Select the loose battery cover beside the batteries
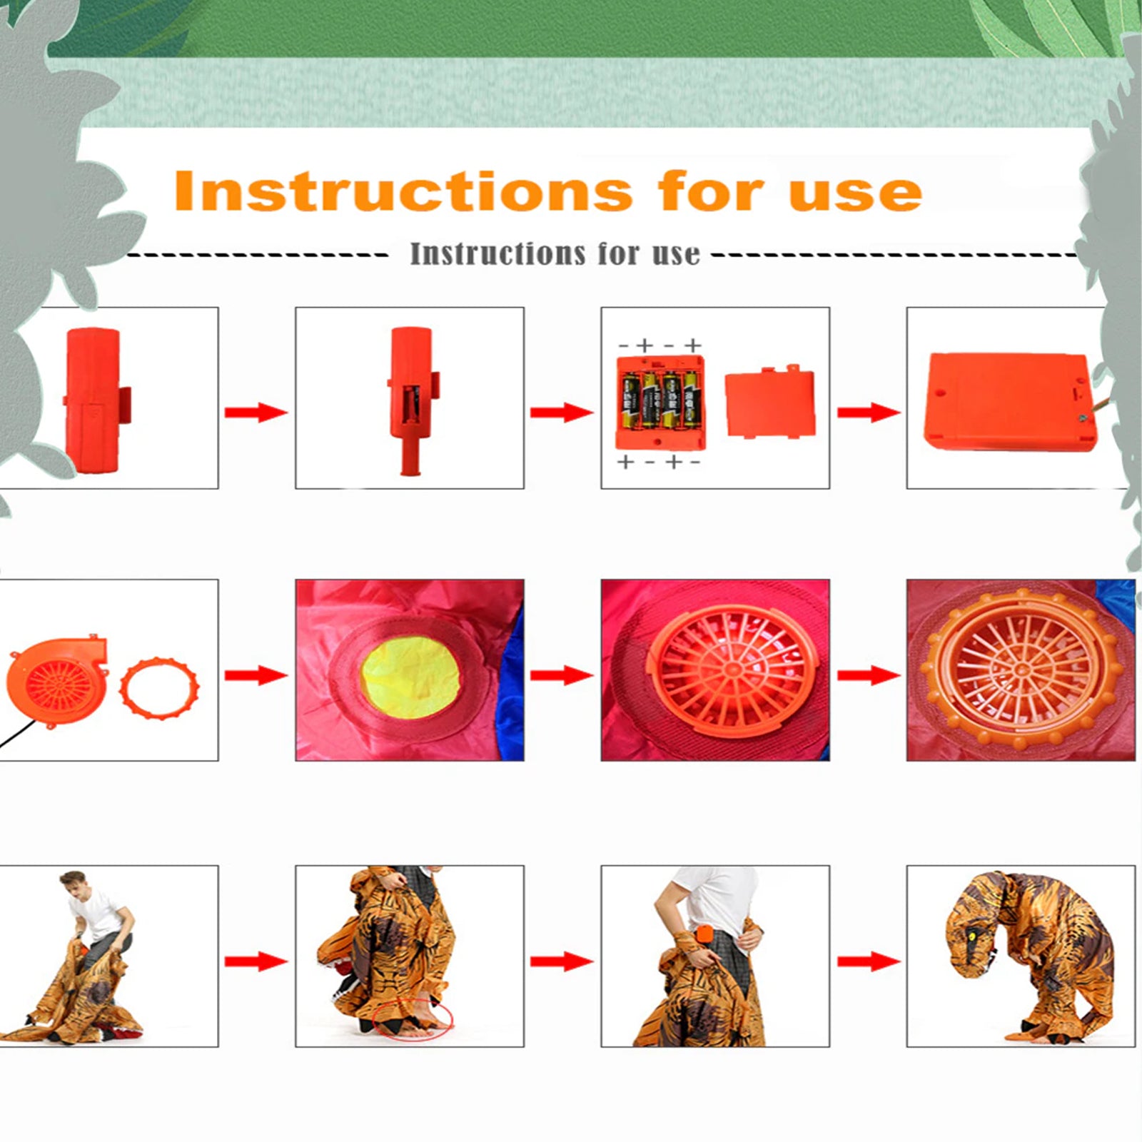770,403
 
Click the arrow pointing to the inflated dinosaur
868,961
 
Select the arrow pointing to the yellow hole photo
256,674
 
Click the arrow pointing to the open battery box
561,412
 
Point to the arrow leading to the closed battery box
868,412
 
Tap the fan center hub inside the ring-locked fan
1020,671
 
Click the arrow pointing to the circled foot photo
256,961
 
